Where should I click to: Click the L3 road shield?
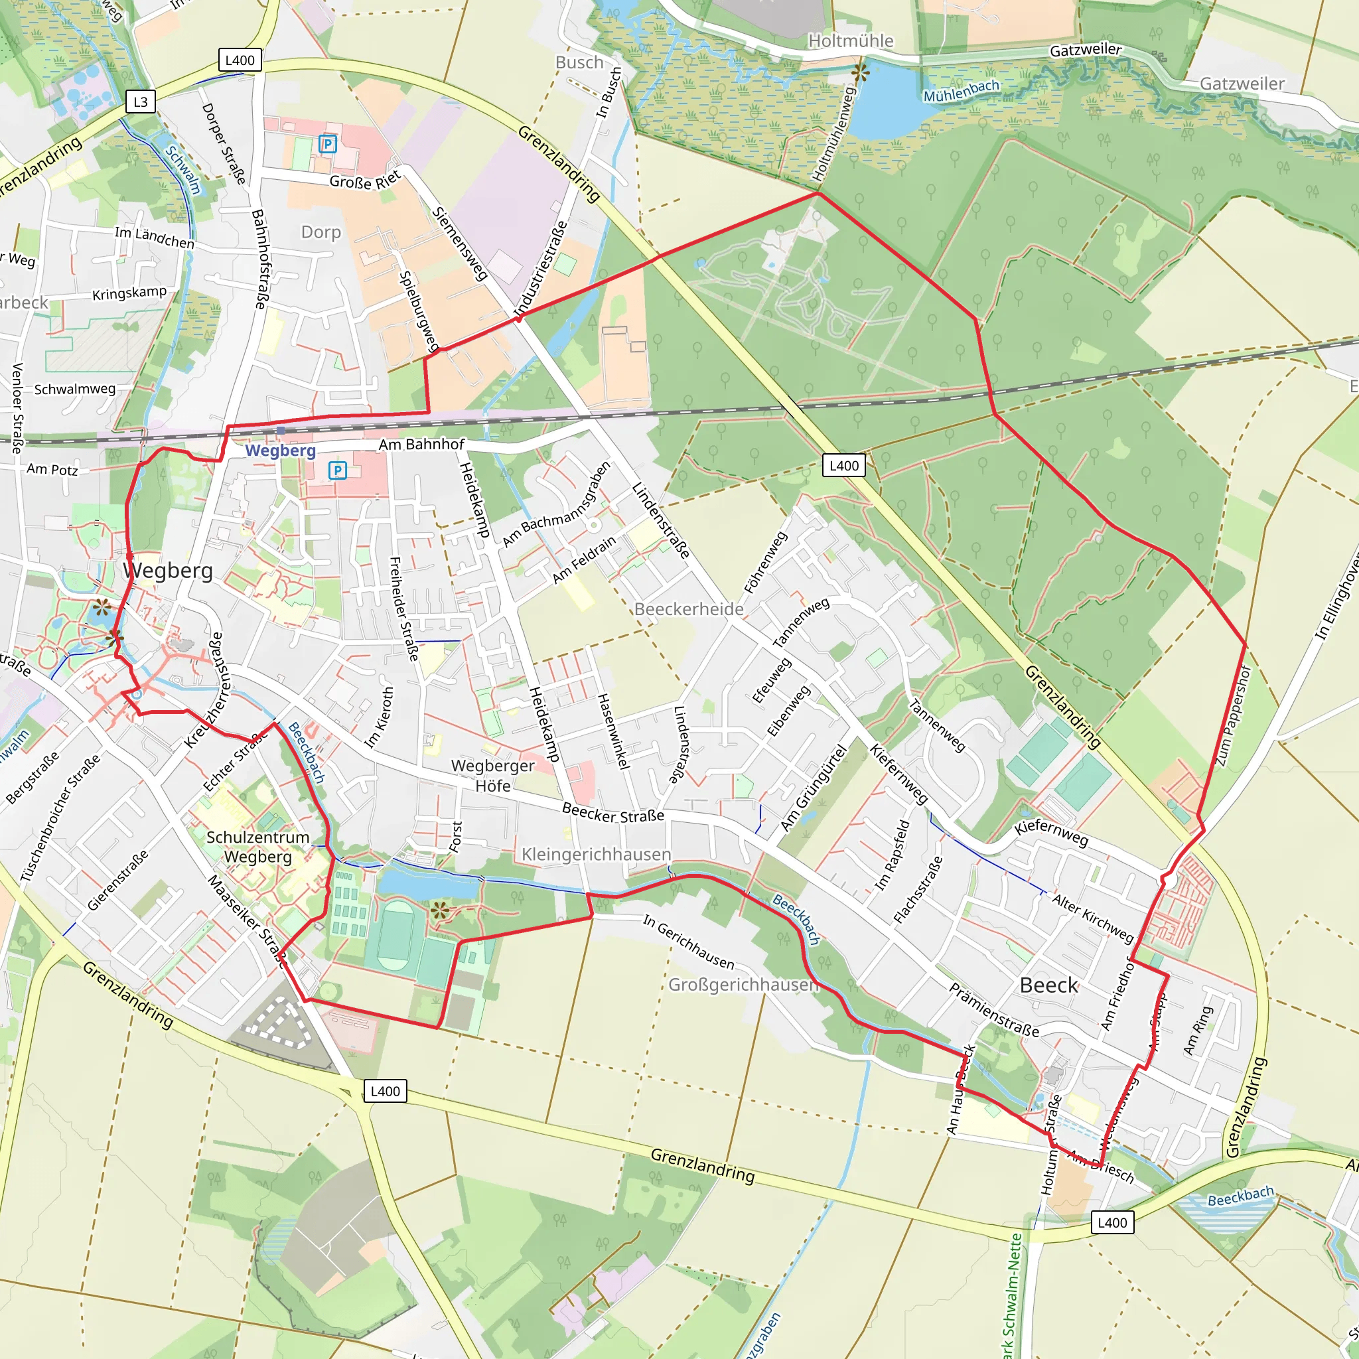coord(141,102)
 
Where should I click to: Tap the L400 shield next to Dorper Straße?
coord(240,60)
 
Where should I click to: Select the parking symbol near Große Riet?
coord(328,144)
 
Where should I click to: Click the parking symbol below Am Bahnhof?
coord(338,470)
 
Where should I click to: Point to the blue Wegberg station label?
coord(280,450)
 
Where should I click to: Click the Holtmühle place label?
coord(851,40)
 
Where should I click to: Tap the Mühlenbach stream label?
coord(961,91)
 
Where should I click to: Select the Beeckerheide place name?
coord(689,608)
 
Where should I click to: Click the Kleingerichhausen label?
coord(596,854)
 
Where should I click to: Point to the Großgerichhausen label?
coord(743,984)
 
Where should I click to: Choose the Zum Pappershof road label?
coord(1233,716)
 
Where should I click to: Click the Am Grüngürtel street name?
coord(813,787)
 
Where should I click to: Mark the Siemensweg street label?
coord(459,244)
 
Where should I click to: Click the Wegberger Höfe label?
coord(492,775)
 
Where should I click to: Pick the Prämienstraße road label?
coord(994,1010)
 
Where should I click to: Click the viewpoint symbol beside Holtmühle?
coord(859,72)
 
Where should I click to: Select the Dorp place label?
coord(321,232)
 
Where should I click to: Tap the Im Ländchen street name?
coord(154,237)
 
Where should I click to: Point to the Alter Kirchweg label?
coord(1093,917)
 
